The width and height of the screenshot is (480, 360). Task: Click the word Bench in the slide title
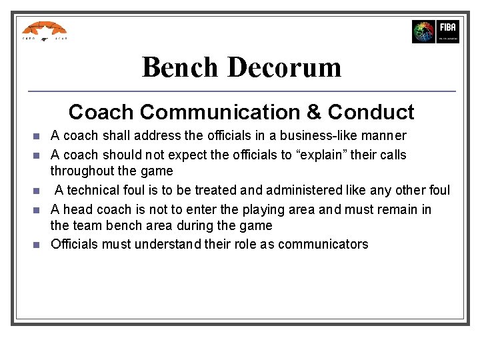pos(180,67)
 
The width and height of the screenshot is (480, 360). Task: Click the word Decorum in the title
pos(284,67)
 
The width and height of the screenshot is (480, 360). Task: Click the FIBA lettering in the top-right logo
pos(447,27)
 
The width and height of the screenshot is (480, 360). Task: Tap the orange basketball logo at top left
pos(44,30)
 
